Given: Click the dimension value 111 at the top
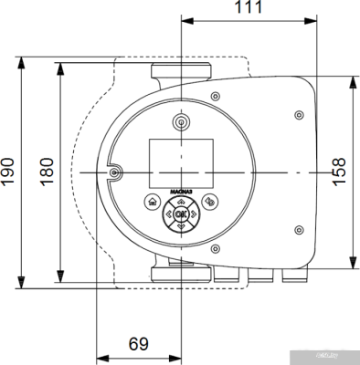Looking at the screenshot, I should [x=244, y=7].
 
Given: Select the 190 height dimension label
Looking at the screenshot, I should [x=8, y=171].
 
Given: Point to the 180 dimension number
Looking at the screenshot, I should [x=47, y=171].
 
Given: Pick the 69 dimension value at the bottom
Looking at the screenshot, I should [x=138, y=344].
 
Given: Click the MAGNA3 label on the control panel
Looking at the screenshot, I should [x=180, y=192].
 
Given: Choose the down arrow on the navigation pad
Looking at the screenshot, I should [x=180, y=225].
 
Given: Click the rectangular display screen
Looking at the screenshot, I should [x=180, y=157].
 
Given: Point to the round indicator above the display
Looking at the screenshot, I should [x=180, y=120].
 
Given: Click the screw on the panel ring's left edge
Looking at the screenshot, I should [x=113, y=172].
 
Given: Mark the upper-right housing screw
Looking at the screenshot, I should [x=300, y=115].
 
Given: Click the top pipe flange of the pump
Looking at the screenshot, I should [x=181, y=73].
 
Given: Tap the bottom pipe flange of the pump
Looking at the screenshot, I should [x=181, y=271].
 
